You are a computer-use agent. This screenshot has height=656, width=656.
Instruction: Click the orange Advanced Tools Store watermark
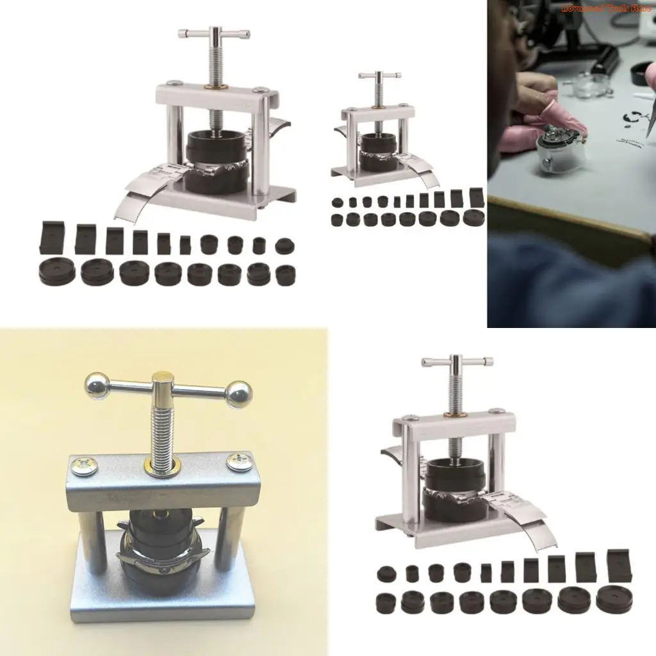click(x=605, y=8)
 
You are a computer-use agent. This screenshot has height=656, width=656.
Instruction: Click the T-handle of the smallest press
click(x=379, y=76)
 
